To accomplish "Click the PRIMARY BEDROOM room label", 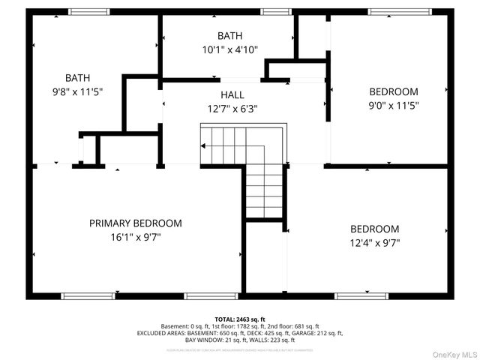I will pyautogui.click(x=135, y=223).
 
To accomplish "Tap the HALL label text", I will pyautogui.click(x=232, y=95).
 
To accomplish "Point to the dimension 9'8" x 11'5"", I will pyautogui.click(x=78, y=91).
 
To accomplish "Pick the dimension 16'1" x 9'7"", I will pyautogui.click(x=135, y=237).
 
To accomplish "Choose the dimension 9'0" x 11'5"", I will pyautogui.click(x=393, y=106).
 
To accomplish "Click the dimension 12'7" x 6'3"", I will pyautogui.click(x=232, y=109).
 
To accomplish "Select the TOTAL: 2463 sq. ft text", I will pyautogui.click(x=240, y=319).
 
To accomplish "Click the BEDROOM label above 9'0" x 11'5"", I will pyautogui.click(x=393, y=91).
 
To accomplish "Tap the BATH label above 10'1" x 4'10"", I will pyautogui.click(x=229, y=36).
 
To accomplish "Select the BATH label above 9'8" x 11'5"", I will pyautogui.click(x=78, y=78).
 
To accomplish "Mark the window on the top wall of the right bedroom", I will pyautogui.click(x=394, y=11).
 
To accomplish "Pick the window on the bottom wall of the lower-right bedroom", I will pyautogui.click(x=357, y=295).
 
